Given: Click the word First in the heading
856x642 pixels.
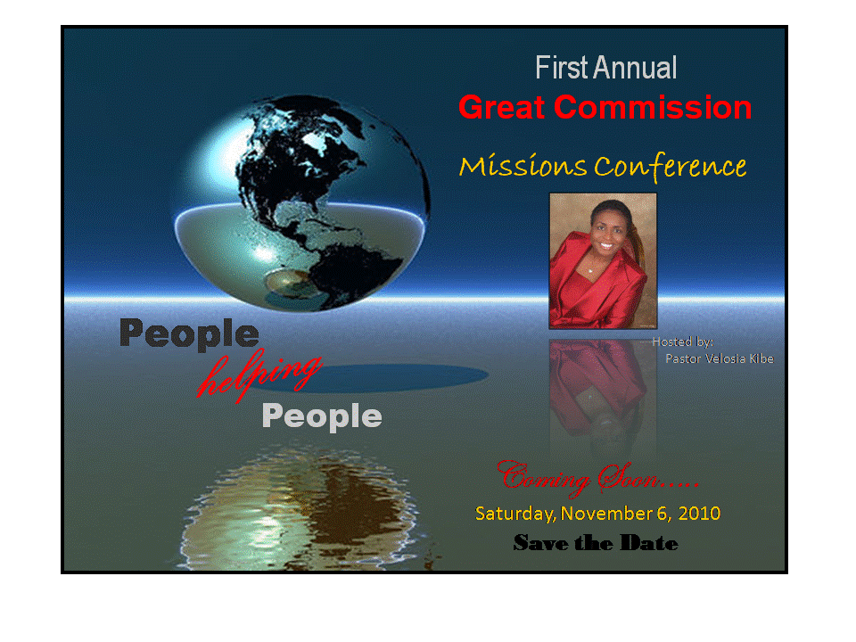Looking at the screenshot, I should (562, 68).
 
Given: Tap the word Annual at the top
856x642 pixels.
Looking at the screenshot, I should (636, 68).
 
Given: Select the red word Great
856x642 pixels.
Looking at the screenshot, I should (503, 108).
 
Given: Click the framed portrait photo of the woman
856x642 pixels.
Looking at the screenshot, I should (602, 260).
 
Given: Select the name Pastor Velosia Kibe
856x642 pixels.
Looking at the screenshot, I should (719, 358).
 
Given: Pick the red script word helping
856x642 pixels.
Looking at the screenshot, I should (259, 374).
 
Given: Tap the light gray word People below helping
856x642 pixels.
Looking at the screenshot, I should (322, 416).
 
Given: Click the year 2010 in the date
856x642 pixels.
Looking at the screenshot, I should (699, 514).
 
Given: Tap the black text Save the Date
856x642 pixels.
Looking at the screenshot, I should (596, 543).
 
